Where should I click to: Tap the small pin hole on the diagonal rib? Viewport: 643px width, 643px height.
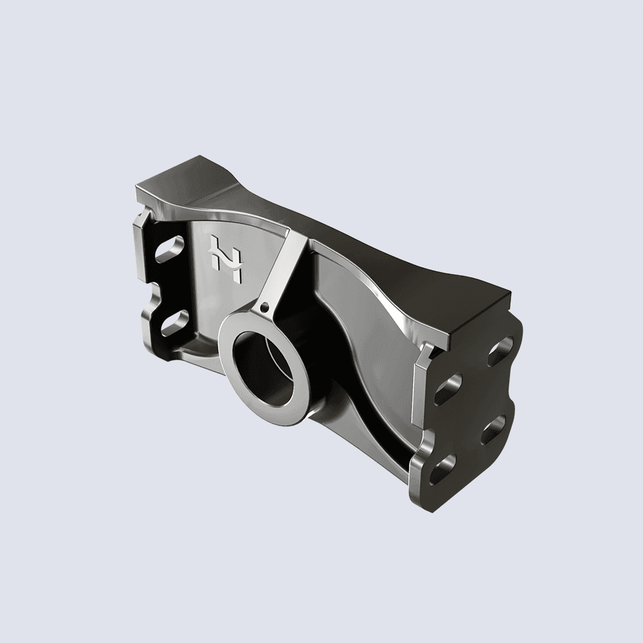(264, 308)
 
